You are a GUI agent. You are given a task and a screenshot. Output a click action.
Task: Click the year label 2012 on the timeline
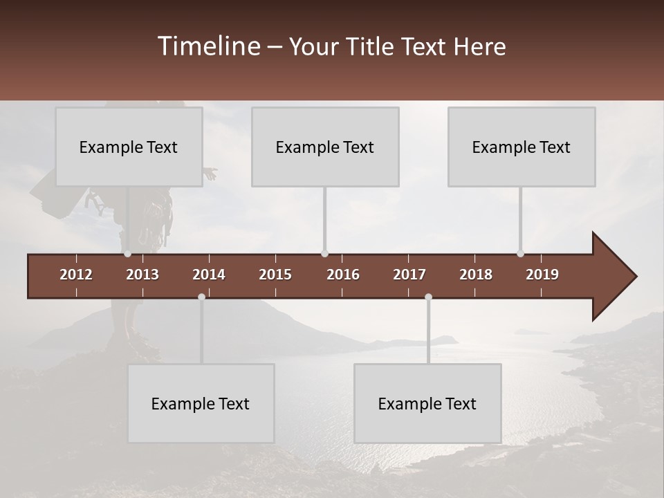pyautogui.click(x=76, y=275)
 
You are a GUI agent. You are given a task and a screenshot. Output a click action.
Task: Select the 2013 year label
pyautogui.click(x=142, y=275)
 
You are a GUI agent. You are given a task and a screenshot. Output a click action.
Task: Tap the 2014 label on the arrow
pyautogui.click(x=209, y=275)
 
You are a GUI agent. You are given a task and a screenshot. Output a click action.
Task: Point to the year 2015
pyautogui.click(x=275, y=275)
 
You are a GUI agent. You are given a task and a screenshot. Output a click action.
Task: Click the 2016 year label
pyautogui.click(x=343, y=275)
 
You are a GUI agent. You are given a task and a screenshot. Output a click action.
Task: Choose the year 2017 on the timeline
pyautogui.click(x=409, y=275)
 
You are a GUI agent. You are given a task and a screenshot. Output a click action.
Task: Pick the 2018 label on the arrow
pyautogui.click(x=476, y=275)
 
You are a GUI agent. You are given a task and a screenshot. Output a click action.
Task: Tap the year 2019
pyautogui.click(x=542, y=275)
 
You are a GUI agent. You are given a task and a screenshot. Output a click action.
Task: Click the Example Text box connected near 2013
pyautogui.click(x=129, y=147)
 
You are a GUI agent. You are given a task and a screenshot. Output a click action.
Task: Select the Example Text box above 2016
pyautogui.click(x=325, y=147)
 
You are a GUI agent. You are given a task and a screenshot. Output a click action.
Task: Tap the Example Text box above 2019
pyautogui.click(x=522, y=147)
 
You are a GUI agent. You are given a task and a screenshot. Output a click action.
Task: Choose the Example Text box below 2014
pyautogui.click(x=201, y=403)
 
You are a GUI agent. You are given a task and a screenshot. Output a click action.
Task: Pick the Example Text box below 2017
pyautogui.click(x=427, y=403)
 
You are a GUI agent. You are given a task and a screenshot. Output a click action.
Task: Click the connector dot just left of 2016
pyautogui.click(x=324, y=254)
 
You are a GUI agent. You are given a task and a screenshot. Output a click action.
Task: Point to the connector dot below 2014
pyautogui.click(x=201, y=297)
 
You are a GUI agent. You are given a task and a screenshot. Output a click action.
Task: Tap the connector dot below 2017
pyautogui.click(x=428, y=297)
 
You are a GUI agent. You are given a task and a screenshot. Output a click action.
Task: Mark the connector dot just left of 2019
pyautogui.click(x=520, y=254)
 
